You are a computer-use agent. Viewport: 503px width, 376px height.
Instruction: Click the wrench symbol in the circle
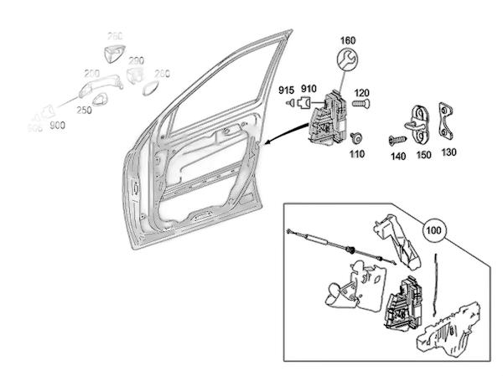(x=348, y=60)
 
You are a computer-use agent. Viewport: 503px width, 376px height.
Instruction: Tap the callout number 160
(x=348, y=39)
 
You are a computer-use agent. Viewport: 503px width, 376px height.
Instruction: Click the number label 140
(x=397, y=155)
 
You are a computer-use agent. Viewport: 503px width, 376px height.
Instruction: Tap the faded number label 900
(x=57, y=126)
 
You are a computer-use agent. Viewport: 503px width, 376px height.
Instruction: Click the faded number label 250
(x=85, y=110)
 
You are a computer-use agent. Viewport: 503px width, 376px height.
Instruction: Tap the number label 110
(x=358, y=155)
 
